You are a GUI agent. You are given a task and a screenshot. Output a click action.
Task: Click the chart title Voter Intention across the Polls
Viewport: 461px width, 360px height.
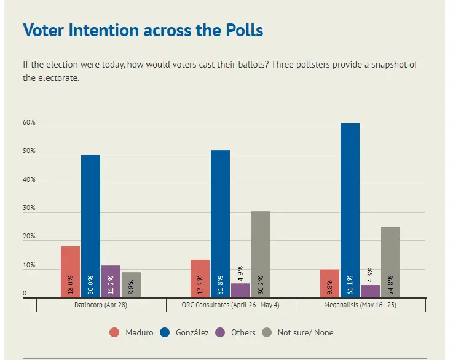(143, 29)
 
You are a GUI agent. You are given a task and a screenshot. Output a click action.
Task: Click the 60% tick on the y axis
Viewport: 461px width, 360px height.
(30, 123)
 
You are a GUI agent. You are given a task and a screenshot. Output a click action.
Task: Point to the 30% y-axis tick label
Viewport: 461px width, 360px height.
(30, 209)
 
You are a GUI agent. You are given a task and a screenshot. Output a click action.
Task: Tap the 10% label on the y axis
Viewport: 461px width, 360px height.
(30, 266)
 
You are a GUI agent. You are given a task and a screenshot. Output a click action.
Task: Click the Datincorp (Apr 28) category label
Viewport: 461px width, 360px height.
(101, 303)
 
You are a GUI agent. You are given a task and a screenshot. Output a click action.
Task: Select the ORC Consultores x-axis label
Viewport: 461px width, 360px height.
(230, 303)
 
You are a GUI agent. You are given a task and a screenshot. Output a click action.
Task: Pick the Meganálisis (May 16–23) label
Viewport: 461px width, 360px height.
(361, 303)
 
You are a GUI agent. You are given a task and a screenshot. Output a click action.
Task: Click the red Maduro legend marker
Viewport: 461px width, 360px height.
(114, 332)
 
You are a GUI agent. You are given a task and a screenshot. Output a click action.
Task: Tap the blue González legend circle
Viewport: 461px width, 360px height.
(165, 332)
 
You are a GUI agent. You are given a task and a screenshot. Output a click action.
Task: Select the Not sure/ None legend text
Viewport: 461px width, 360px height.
(305, 332)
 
